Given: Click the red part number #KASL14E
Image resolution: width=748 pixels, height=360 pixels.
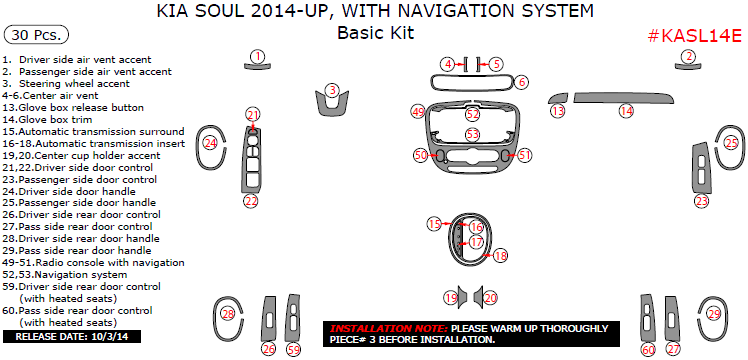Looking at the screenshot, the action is click(695, 36).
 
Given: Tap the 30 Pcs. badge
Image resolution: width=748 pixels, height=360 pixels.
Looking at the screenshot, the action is click(36, 35).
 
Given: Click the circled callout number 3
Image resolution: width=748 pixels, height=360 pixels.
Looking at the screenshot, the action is click(332, 90).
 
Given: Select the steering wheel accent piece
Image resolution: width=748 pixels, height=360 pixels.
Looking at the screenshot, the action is click(332, 104).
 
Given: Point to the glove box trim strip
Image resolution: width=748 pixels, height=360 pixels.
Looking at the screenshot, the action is click(623, 98).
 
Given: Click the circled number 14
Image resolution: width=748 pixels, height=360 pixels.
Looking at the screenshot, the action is click(626, 111).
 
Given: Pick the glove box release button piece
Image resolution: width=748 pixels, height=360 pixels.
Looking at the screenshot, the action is click(558, 98).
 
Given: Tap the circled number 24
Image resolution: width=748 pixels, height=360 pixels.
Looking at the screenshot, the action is click(210, 142).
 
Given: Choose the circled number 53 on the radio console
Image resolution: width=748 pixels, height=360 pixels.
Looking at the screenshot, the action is click(473, 134).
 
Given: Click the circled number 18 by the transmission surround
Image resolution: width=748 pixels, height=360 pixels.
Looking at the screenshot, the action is click(500, 256).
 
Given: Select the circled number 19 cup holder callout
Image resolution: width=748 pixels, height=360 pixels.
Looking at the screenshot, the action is click(451, 298).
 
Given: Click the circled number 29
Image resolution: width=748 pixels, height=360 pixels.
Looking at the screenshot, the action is click(714, 314).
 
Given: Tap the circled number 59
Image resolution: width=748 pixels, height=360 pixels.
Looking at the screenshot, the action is click(294, 350).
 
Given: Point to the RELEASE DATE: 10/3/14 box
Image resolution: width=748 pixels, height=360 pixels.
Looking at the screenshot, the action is click(72, 337).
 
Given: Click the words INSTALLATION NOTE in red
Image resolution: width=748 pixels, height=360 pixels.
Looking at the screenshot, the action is click(389, 329).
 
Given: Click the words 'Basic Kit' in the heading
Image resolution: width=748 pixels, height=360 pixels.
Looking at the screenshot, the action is click(375, 32).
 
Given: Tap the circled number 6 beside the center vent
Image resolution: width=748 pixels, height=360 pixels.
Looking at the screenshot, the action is click(521, 82).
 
